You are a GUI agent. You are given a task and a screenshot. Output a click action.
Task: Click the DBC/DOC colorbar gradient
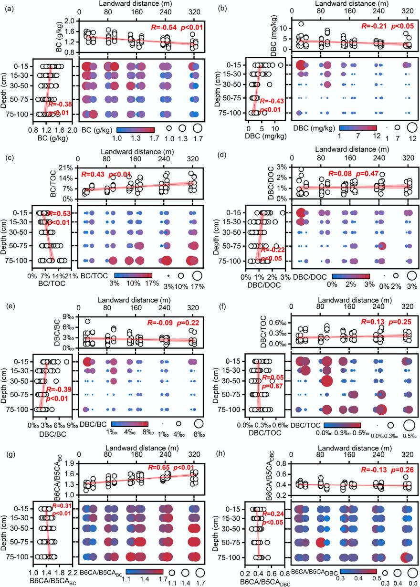351,275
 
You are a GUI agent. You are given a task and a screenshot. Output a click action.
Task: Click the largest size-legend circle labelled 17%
197,275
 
